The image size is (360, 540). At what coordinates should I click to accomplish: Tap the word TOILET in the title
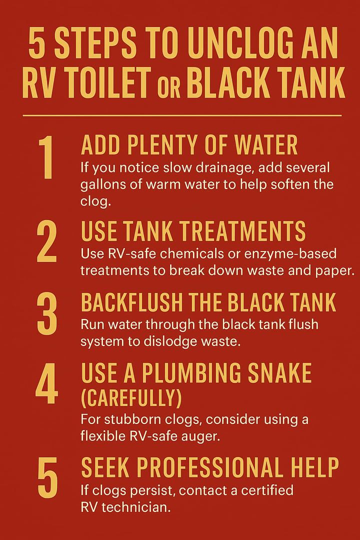108,82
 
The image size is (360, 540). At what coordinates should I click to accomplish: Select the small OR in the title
169,88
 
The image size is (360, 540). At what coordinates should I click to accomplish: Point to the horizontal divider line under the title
182,115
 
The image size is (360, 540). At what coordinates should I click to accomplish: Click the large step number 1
46,157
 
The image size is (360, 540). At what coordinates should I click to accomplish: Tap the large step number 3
47,313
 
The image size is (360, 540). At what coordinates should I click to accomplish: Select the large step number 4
46,383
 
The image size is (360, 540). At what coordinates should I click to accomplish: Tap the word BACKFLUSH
131,302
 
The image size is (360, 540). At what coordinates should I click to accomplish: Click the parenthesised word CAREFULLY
131,397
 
